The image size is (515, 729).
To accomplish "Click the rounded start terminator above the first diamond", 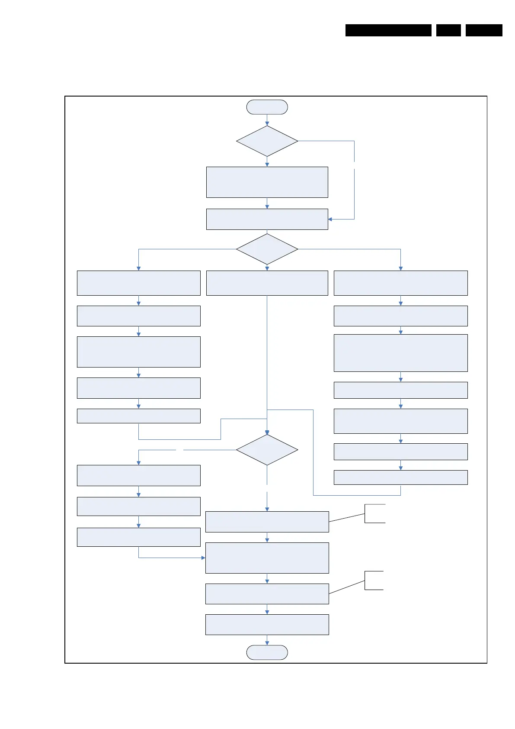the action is coord(267,107).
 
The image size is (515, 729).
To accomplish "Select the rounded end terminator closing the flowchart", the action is coord(267,652).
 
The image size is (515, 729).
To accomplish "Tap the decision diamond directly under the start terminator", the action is coord(267,141).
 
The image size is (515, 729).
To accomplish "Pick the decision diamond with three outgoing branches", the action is coord(267,249).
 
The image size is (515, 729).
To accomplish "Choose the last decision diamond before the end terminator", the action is coord(267,450).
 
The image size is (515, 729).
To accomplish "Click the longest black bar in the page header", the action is coord(388,30).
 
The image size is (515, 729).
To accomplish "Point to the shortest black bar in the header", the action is coord(448,30).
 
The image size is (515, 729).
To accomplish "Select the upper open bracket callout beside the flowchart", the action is coord(374,513).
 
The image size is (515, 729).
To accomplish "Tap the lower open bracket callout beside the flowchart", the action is coord(374,580).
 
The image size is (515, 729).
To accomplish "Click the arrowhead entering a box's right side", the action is coord(330,219).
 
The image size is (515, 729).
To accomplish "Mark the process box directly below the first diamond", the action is coord(267,182).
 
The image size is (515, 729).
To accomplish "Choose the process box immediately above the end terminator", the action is coord(267,624).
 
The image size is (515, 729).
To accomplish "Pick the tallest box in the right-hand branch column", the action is coord(400,353).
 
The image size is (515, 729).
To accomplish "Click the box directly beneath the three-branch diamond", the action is coord(267,283).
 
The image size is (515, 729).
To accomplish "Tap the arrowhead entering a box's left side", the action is coord(203,558).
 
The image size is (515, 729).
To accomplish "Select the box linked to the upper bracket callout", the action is coord(267,522).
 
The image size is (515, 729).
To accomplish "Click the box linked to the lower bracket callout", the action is coord(267,594).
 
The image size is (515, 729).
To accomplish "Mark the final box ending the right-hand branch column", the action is coord(400,477).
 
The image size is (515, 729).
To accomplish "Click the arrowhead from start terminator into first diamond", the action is coord(267,123).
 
